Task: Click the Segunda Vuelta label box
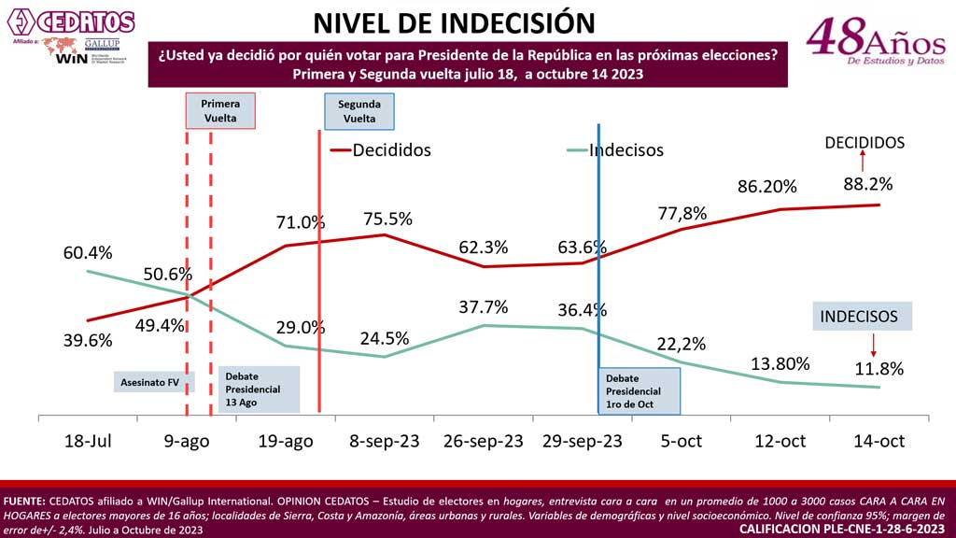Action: (358, 112)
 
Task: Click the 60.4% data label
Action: (88, 253)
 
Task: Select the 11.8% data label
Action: (879, 368)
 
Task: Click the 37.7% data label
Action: (484, 306)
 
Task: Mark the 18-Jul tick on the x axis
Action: (88, 441)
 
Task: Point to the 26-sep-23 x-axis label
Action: (483, 441)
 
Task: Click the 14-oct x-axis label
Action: (879, 441)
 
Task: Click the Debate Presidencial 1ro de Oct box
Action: (640, 390)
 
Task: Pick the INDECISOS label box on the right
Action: (859, 317)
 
